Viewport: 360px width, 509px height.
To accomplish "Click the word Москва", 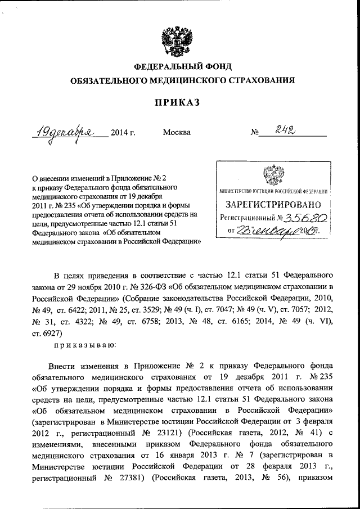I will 177,133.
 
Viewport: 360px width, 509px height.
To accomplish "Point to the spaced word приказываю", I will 85,344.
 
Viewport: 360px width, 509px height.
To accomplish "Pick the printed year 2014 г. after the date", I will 123,133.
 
